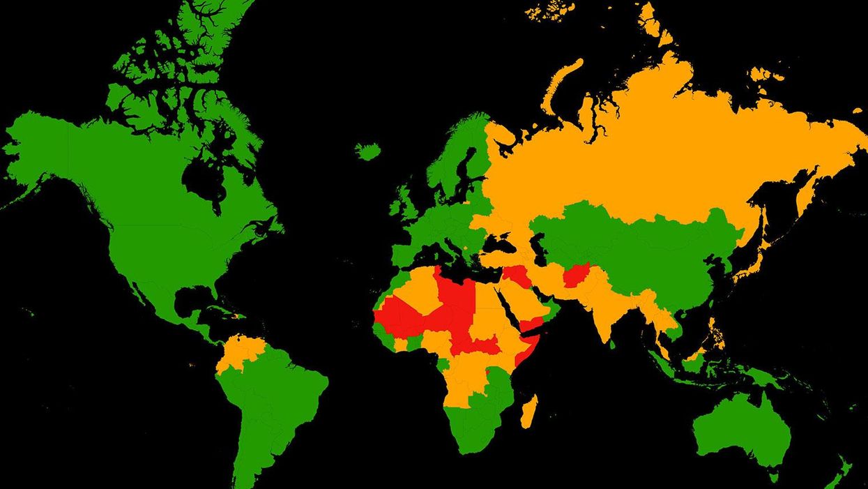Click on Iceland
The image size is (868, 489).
tap(367, 151)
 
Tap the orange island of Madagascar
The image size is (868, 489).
tap(529, 411)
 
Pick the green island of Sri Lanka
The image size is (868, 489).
tap(612, 344)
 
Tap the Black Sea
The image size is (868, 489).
tap(501, 243)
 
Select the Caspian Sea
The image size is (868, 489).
tap(538, 248)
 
